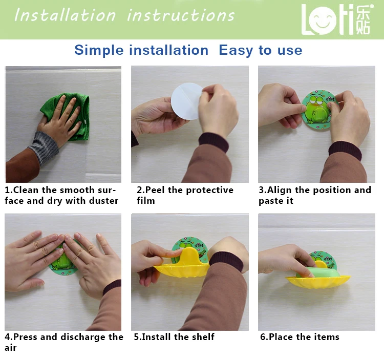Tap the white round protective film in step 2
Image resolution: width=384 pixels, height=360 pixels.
coord(186,101)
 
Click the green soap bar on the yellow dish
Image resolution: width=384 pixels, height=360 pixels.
coord(318,272)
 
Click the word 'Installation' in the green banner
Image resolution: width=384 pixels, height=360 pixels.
coord(65,15)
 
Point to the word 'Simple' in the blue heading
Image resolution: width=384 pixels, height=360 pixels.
coord(99,51)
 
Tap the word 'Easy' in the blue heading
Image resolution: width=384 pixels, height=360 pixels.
coord(236,51)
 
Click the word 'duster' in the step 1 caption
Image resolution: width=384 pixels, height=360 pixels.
coord(104,201)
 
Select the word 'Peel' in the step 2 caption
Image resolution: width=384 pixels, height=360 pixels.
coord(155,190)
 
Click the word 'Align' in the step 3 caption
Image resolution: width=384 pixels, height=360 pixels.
coord(280,190)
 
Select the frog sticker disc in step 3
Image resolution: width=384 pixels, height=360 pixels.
coord(318,110)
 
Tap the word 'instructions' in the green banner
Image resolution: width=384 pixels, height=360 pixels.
coord(181,15)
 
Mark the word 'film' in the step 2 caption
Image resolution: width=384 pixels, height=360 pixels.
coord(146,201)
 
